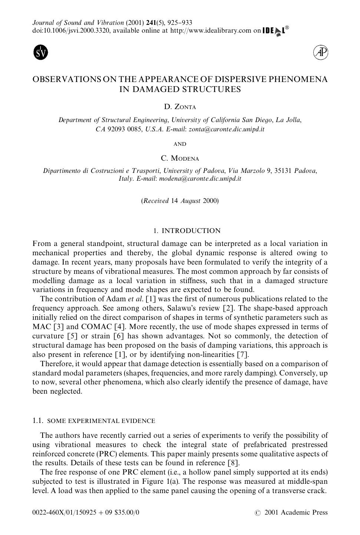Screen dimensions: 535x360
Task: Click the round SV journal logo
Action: pyautogui.click(x=41, y=52)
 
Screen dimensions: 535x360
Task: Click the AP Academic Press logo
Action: pyautogui.click(x=321, y=53)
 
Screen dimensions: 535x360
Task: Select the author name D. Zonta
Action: pyautogui.click(x=180, y=107)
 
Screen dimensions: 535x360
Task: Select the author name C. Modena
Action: pyautogui.click(x=180, y=158)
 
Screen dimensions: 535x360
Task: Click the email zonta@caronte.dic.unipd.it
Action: pyautogui.click(x=227, y=129)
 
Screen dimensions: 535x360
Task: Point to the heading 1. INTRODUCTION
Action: pyautogui.click(x=187, y=231)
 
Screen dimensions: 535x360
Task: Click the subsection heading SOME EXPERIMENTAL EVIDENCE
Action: pyautogui.click(x=101, y=421)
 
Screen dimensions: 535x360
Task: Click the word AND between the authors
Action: pyautogui.click(x=180, y=144)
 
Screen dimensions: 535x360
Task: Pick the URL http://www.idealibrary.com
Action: pyautogui.click(x=211, y=30)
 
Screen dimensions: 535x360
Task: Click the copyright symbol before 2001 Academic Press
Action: pyautogui.click(x=258, y=513)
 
